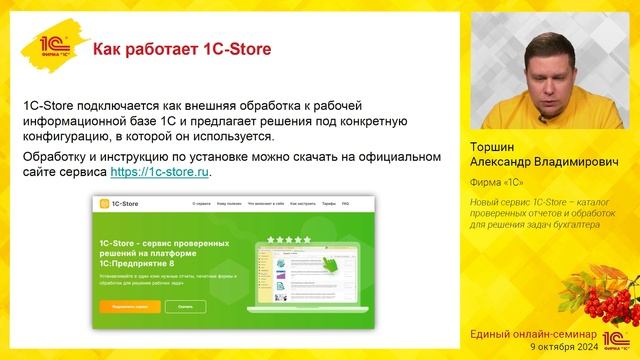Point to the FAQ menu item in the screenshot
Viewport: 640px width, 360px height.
point(345,204)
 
